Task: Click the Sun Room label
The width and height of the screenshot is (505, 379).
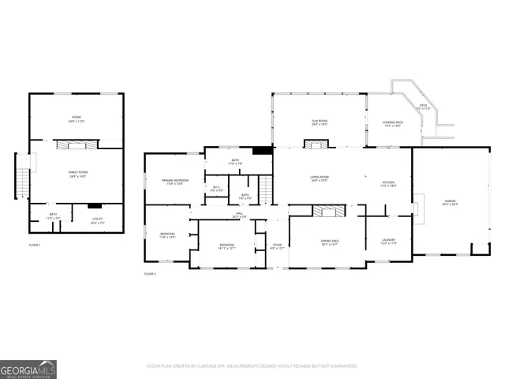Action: tap(320, 122)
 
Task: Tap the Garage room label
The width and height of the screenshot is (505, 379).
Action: tap(451, 203)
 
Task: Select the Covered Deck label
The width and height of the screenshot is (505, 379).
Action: tap(392, 124)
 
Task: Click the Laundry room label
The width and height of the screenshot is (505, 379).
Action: tap(388, 242)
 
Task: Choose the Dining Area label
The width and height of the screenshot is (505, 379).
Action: tap(330, 242)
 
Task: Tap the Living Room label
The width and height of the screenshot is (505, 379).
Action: tap(320, 179)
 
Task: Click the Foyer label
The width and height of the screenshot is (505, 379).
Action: tap(277, 246)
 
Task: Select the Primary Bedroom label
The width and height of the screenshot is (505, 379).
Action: tap(175, 182)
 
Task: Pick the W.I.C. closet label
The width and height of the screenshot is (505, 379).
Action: tap(216, 189)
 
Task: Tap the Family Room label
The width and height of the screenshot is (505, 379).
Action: tap(77, 174)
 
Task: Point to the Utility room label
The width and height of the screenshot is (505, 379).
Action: tap(97, 222)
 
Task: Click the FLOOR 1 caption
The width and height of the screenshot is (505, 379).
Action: tap(35, 246)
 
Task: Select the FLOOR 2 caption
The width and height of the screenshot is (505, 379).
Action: tap(150, 273)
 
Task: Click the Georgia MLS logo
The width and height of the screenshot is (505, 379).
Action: tap(28, 370)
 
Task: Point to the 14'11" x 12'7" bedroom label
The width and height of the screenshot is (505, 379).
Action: tap(226, 247)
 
